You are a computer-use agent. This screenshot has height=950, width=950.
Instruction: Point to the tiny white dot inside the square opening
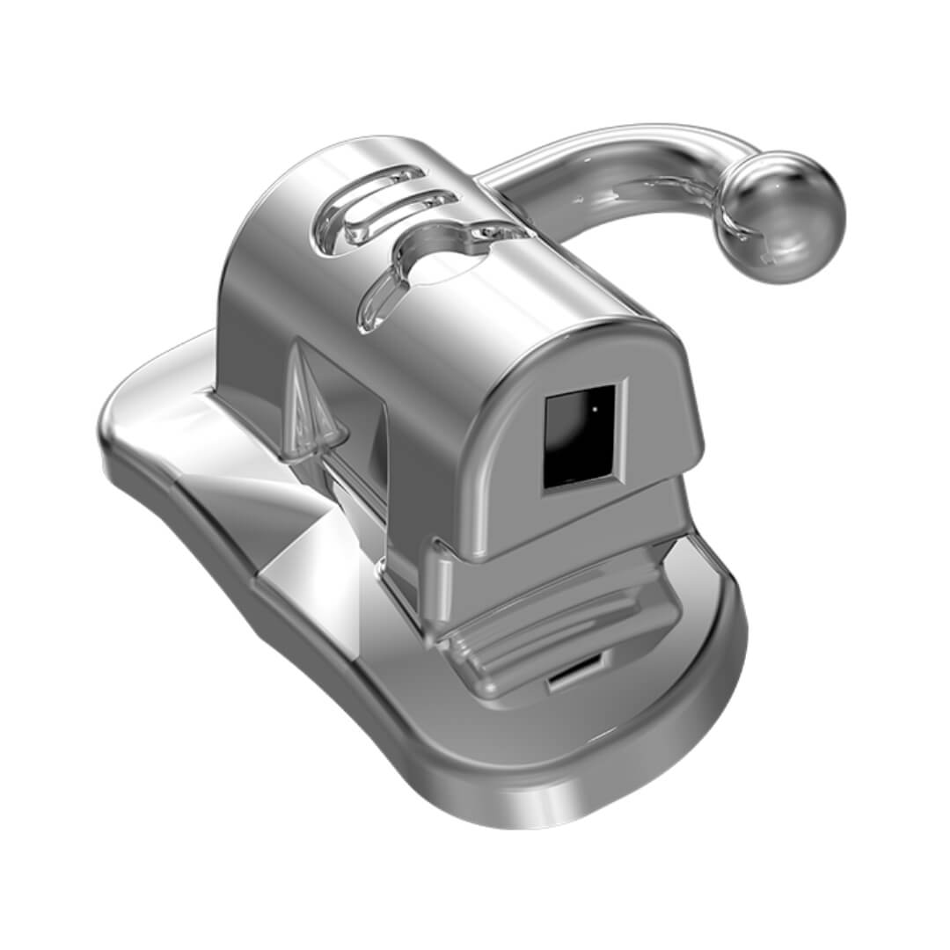pyautogui.click(x=595, y=408)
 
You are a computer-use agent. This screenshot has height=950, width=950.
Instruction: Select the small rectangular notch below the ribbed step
pyautogui.click(x=572, y=677)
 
